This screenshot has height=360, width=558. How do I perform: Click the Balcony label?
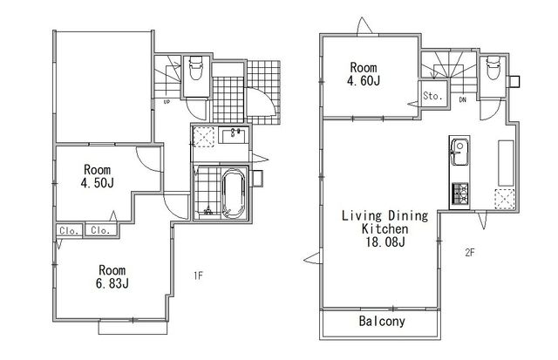tap(382, 322)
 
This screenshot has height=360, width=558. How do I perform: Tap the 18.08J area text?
tap(385, 242)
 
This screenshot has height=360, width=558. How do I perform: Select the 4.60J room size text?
tap(364, 80)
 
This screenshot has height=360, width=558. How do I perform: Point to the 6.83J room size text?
tap(112, 283)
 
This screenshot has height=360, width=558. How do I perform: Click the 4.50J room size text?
tap(97, 183)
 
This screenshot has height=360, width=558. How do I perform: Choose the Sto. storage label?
tap(432, 95)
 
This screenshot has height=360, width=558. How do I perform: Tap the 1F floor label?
tap(198, 275)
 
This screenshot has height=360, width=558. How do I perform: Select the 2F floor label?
tap(470, 253)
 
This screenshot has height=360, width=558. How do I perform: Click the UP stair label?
tap(167, 102)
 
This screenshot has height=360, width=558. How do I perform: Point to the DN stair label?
tap(462, 100)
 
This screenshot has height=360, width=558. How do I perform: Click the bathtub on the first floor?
tap(234, 194)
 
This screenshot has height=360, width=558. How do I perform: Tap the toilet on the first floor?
tap(195, 68)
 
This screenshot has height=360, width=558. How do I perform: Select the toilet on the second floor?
tap(493, 67)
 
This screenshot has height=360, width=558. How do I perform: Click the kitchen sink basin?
tap(459, 152)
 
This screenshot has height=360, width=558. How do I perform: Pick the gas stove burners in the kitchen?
tap(459, 194)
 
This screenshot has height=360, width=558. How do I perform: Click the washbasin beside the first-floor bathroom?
tap(234, 136)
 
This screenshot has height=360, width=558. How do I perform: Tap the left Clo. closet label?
tap(69, 231)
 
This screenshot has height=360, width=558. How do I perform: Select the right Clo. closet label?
tap(100, 230)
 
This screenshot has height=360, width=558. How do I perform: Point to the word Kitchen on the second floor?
tap(384, 228)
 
